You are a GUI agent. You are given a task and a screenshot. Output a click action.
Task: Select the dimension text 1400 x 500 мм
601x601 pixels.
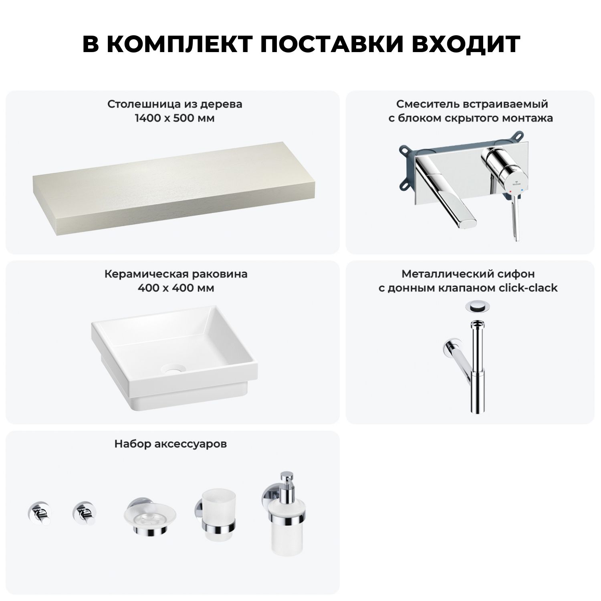pyautogui.click(x=175, y=118)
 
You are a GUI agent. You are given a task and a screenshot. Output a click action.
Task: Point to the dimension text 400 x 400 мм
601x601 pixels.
pyautogui.click(x=176, y=288)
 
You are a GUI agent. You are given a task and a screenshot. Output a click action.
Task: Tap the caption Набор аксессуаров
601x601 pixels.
pyautogui.click(x=171, y=444)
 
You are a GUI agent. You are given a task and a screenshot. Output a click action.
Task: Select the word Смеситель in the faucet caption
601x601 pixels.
pyautogui.click(x=424, y=104)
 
